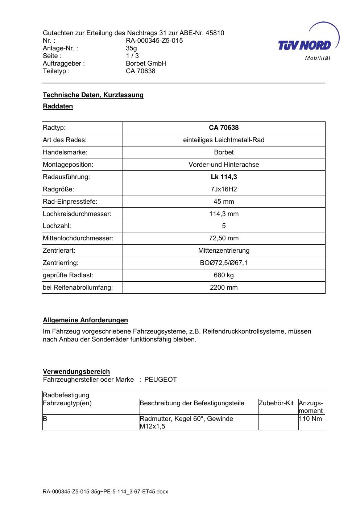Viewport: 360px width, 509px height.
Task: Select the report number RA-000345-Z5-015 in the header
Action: coord(154,41)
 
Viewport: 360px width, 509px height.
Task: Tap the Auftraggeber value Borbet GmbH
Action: coord(146,63)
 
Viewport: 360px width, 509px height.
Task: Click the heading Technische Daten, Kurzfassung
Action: coord(93,95)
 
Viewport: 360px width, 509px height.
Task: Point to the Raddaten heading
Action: coord(58,106)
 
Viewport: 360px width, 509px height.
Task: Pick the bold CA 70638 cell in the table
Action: coord(224,128)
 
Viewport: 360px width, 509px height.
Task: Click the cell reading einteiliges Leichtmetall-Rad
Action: coord(224,140)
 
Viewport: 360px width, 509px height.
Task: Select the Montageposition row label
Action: coord(68,165)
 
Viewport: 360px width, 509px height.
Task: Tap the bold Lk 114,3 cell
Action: coord(224,177)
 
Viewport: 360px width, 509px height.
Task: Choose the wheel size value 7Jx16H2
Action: coord(224,189)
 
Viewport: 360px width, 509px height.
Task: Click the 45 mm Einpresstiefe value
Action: coord(224,202)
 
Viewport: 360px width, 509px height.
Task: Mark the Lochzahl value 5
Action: coord(224,226)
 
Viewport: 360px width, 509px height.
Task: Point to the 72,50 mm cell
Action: coord(224,238)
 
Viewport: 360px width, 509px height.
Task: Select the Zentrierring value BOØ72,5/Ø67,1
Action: coord(224,263)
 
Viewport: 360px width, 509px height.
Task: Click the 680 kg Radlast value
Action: coord(224,275)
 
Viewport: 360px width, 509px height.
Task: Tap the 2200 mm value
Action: coord(224,287)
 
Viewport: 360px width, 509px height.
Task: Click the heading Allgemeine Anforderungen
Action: coord(85,320)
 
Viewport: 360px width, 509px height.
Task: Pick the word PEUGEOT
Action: coord(161,380)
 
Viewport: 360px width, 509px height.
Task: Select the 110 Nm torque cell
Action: coord(310,419)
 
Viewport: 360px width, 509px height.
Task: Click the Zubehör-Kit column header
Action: coord(276,403)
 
